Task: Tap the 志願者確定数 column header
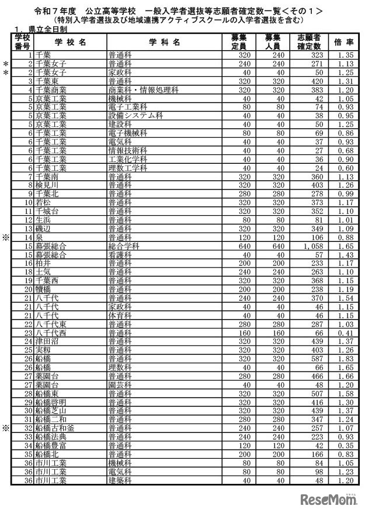[310, 42]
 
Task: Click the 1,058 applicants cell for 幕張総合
[309, 247]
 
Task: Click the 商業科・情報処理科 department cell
[143, 90]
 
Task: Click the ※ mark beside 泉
[6, 238]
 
